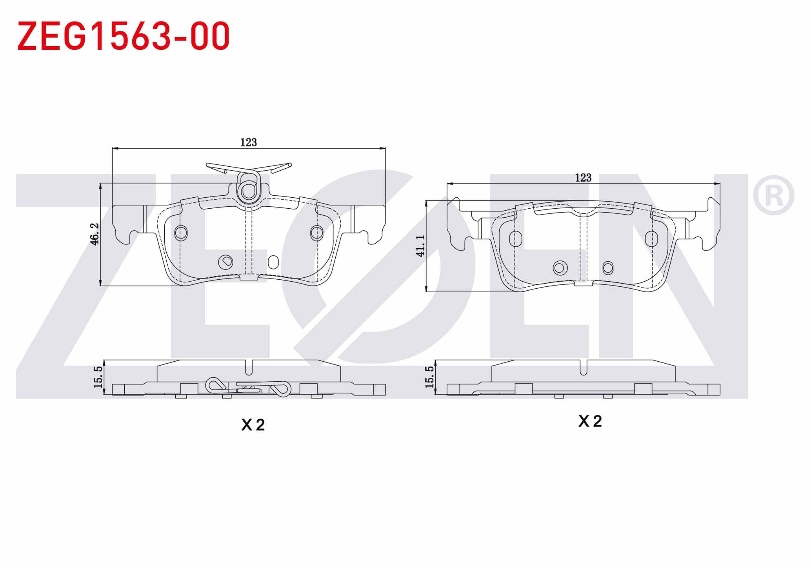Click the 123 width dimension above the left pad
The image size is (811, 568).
(249, 142)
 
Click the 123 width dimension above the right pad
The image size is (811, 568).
(583, 178)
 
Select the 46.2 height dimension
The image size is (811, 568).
(95, 234)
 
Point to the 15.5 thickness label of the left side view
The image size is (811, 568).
(98, 377)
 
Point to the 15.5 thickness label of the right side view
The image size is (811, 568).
(429, 377)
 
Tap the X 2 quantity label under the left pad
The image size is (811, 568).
(253, 425)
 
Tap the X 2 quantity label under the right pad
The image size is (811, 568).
(590, 421)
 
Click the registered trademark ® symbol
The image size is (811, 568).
(773, 195)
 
